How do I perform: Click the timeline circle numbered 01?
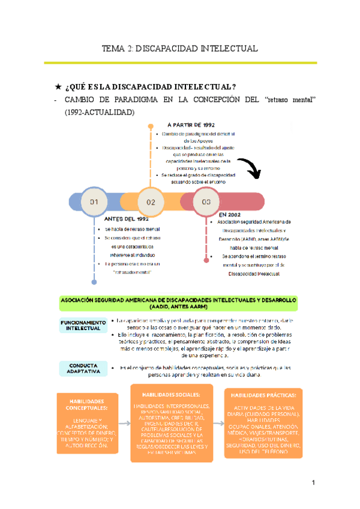[x=94, y=203]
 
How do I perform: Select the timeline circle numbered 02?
[x=150, y=203]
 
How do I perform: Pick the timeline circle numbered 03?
[x=206, y=203]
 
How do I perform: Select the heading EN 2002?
[x=232, y=214]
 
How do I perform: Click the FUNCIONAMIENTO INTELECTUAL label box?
[x=83, y=325]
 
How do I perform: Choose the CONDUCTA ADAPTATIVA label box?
[x=83, y=369]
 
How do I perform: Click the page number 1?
[x=313, y=483]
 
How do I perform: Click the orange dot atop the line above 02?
[x=150, y=125]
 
